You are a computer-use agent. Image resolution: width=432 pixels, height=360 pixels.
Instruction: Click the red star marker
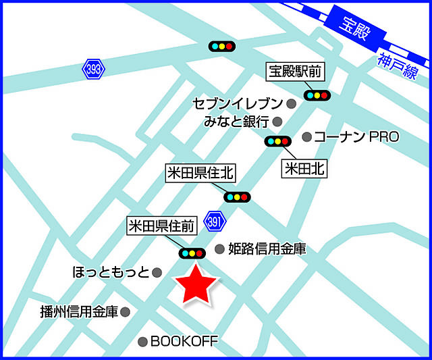pyautogui.click(x=195, y=286)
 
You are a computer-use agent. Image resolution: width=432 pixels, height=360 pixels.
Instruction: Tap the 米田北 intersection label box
pyautogui.click(x=304, y=169)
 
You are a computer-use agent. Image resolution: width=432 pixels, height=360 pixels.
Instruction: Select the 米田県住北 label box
pyautogui.click(x=200, y=174)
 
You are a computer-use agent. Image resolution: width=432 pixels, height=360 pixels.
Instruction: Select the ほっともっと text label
pyautogui.click(x=110, y=272)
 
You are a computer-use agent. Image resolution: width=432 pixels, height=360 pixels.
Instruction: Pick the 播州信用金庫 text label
pyautogui.click(x=79, y=311)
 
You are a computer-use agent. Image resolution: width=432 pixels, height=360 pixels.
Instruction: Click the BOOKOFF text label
pyautogui.click(x=184, y=342)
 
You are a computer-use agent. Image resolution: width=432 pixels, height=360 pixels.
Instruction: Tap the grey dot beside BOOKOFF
pyautogui.click(x=142, y=342)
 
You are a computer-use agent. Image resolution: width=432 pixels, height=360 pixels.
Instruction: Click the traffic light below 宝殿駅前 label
pyautogui.click(x=316, y=95)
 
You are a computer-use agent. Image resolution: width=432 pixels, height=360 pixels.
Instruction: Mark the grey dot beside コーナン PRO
pyautogui.click(x=307, y=137)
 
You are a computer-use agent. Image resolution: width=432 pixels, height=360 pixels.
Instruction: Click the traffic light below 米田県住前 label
pyautogui.click(x=192, y=253)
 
